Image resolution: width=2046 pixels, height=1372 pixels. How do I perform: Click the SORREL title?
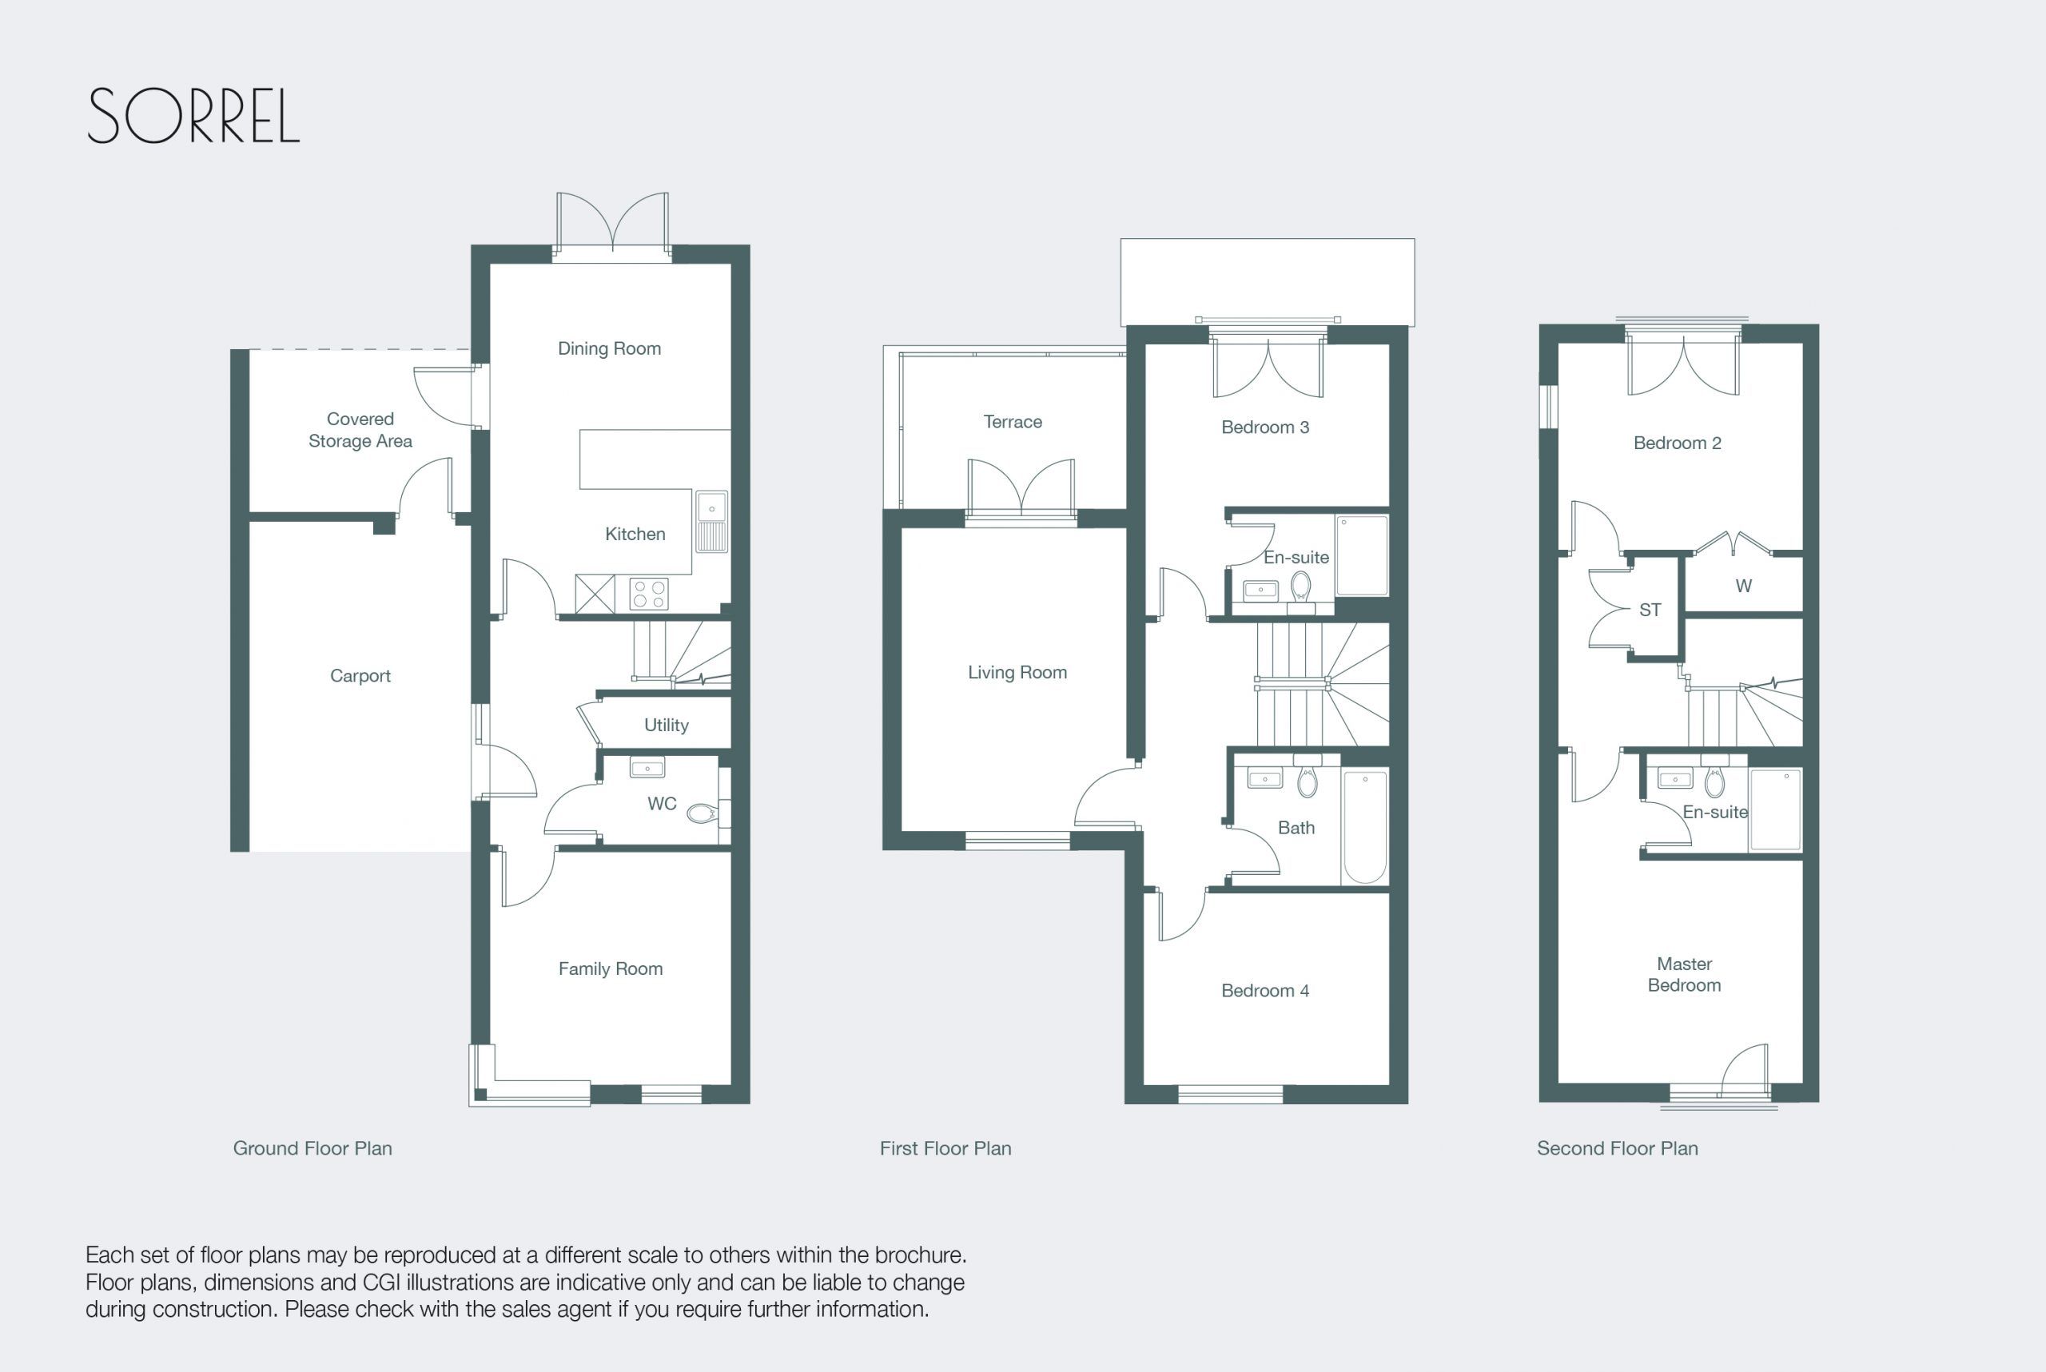[193, 116]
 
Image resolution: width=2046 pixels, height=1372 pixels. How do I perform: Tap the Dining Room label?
[609, 348]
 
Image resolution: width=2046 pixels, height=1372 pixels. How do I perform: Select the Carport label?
[360, 675]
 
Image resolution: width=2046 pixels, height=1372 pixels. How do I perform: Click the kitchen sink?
[711, 522]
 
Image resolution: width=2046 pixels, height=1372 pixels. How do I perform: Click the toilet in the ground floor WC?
[702, 813]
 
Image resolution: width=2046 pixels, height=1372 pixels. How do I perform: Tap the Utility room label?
[666, 725]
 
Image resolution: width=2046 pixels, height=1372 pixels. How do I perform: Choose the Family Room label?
[610, 968]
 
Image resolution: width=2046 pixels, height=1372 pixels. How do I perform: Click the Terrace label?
[1013, 422]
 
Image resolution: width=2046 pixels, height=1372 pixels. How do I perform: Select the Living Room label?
[1017, 672]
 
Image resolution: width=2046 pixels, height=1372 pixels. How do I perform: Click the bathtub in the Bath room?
[1364, 827]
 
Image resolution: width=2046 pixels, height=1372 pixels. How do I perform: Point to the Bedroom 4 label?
[1264, 991]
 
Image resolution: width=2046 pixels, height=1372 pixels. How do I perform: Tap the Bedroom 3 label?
[1264, 427]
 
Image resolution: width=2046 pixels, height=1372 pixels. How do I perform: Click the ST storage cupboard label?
[1650, 610]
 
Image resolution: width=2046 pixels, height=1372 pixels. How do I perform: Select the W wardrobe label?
[1743, 587]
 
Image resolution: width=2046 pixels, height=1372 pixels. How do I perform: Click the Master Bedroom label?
[1684, 974]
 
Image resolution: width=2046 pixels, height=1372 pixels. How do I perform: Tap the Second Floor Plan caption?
[1617, 1148]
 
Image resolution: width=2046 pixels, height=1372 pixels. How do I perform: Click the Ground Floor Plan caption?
[312, 1148]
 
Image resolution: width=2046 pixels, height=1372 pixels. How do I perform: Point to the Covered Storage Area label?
[360, 430]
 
